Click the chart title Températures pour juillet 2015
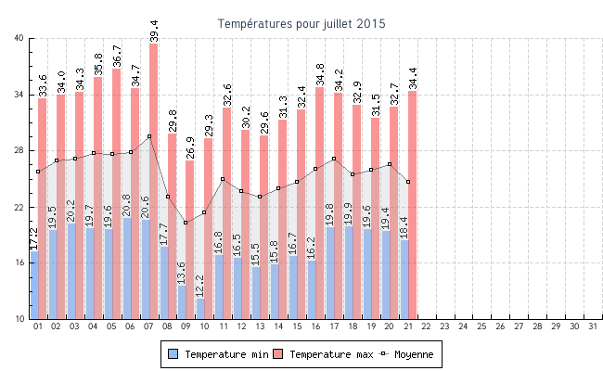tap(301, 23)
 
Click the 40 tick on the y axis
tap(20, 38)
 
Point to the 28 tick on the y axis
tap(20, 150)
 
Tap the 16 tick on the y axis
tap(20, 263)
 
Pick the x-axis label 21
tap(407, 326)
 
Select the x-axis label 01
tap(38, 326)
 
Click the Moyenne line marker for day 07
tap(148, 136)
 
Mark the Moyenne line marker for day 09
tap(186, 223)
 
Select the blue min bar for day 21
tap(404, 278)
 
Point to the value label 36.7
tap(117, 56)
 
